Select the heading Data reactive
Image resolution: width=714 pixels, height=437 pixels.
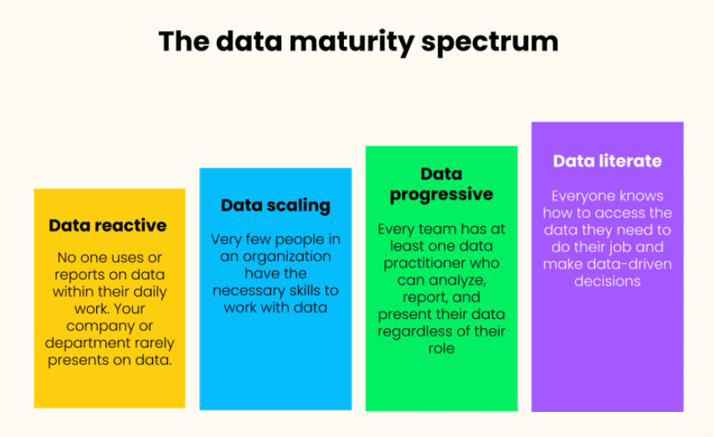tap(108, 225)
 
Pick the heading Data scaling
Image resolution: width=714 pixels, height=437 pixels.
tap(275, 205)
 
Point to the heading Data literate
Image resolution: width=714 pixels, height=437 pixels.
tap(607, 161)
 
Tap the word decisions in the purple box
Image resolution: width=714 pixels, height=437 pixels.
tap(607, 281)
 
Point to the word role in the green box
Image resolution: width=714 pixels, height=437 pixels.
tap(441, 348)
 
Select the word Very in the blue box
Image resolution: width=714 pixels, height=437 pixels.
tap(225, 239)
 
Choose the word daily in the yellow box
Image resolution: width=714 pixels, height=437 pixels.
tap(147, 292)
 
